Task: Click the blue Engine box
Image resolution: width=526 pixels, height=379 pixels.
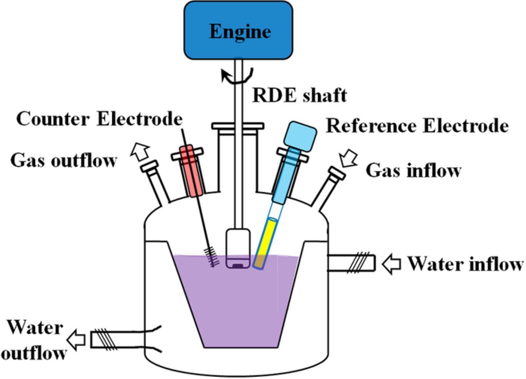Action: [x=238, y=31]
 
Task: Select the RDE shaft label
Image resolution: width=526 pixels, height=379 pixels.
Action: [x=299, y=95]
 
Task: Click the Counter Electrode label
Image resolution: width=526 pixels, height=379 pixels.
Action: [x=99, y=119]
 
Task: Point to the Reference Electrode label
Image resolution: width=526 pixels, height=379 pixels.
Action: [x=417, y=126]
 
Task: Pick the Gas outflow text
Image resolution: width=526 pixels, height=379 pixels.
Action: [x=63, y=160]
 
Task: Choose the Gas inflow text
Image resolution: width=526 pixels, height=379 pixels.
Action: [x=413, y=170]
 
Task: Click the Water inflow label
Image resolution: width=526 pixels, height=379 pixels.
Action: [x=465, y=264]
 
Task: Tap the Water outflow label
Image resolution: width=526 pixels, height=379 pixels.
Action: [x=36, y=340]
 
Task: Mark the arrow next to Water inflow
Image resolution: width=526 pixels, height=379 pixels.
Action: [x=391, y=264]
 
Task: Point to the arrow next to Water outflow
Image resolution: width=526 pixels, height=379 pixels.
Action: [x=76, y=340]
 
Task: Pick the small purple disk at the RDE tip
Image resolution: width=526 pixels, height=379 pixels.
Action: [x=238, y=266]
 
